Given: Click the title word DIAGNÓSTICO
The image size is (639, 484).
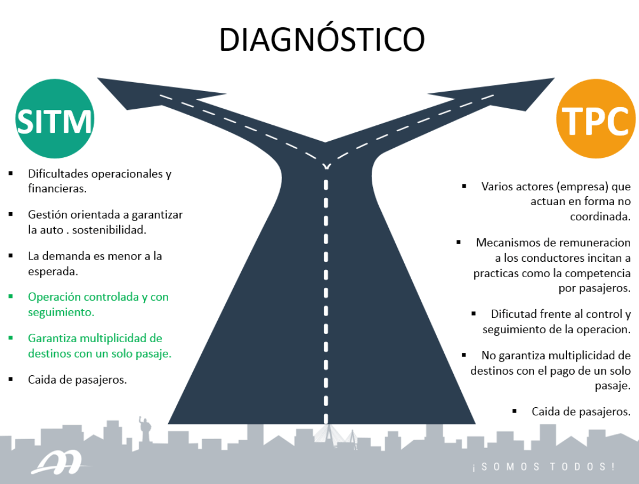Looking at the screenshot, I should pos(322,40).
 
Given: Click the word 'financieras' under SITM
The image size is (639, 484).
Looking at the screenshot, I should pos(57,189).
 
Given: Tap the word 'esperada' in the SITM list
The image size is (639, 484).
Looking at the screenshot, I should pos(52,271).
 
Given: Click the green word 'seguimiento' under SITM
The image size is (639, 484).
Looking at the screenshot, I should pos(61,312).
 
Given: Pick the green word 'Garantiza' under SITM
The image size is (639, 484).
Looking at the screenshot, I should pos(54,339).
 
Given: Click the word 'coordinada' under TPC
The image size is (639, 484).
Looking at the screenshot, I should pos(600,216).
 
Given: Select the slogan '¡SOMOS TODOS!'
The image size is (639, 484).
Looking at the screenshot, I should pos(543,467).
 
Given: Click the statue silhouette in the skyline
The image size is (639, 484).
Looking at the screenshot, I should pos(143,428).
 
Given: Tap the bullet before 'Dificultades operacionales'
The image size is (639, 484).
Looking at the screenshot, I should pos(11,174).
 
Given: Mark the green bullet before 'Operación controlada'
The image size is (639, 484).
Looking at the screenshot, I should pos(11,297).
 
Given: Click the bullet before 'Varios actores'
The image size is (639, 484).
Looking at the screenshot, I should pos(464,186).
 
